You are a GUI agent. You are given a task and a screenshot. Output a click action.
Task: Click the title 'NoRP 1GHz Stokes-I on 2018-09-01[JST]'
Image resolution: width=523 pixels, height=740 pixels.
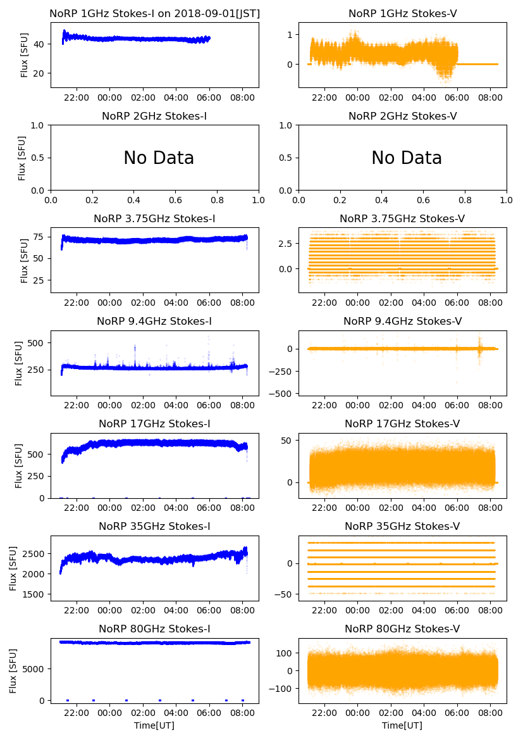[x=154, y=13]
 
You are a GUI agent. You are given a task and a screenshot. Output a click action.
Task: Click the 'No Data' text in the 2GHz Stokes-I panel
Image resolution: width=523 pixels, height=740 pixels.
[x=158, y=158]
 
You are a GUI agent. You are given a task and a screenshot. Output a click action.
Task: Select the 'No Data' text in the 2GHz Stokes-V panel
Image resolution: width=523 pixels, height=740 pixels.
[x=406, y=158]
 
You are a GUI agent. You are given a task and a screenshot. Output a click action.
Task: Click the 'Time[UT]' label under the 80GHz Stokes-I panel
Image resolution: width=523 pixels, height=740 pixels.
[x=154, y=725]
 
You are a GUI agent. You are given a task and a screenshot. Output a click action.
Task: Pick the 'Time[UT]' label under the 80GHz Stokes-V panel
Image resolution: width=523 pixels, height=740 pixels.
[x=402, y=725]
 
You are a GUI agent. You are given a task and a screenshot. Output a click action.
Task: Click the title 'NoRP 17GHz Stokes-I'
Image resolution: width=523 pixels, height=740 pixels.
[x=154, y=424]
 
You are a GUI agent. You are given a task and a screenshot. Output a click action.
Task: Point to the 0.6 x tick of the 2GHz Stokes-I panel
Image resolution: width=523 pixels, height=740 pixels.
[x=176, y=201]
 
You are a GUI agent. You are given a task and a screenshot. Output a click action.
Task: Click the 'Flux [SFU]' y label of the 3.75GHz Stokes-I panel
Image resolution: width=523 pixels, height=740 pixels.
[x=24, y=260]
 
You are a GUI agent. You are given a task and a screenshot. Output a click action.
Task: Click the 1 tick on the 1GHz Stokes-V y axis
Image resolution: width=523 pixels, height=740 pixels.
[x=291, y=34]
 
